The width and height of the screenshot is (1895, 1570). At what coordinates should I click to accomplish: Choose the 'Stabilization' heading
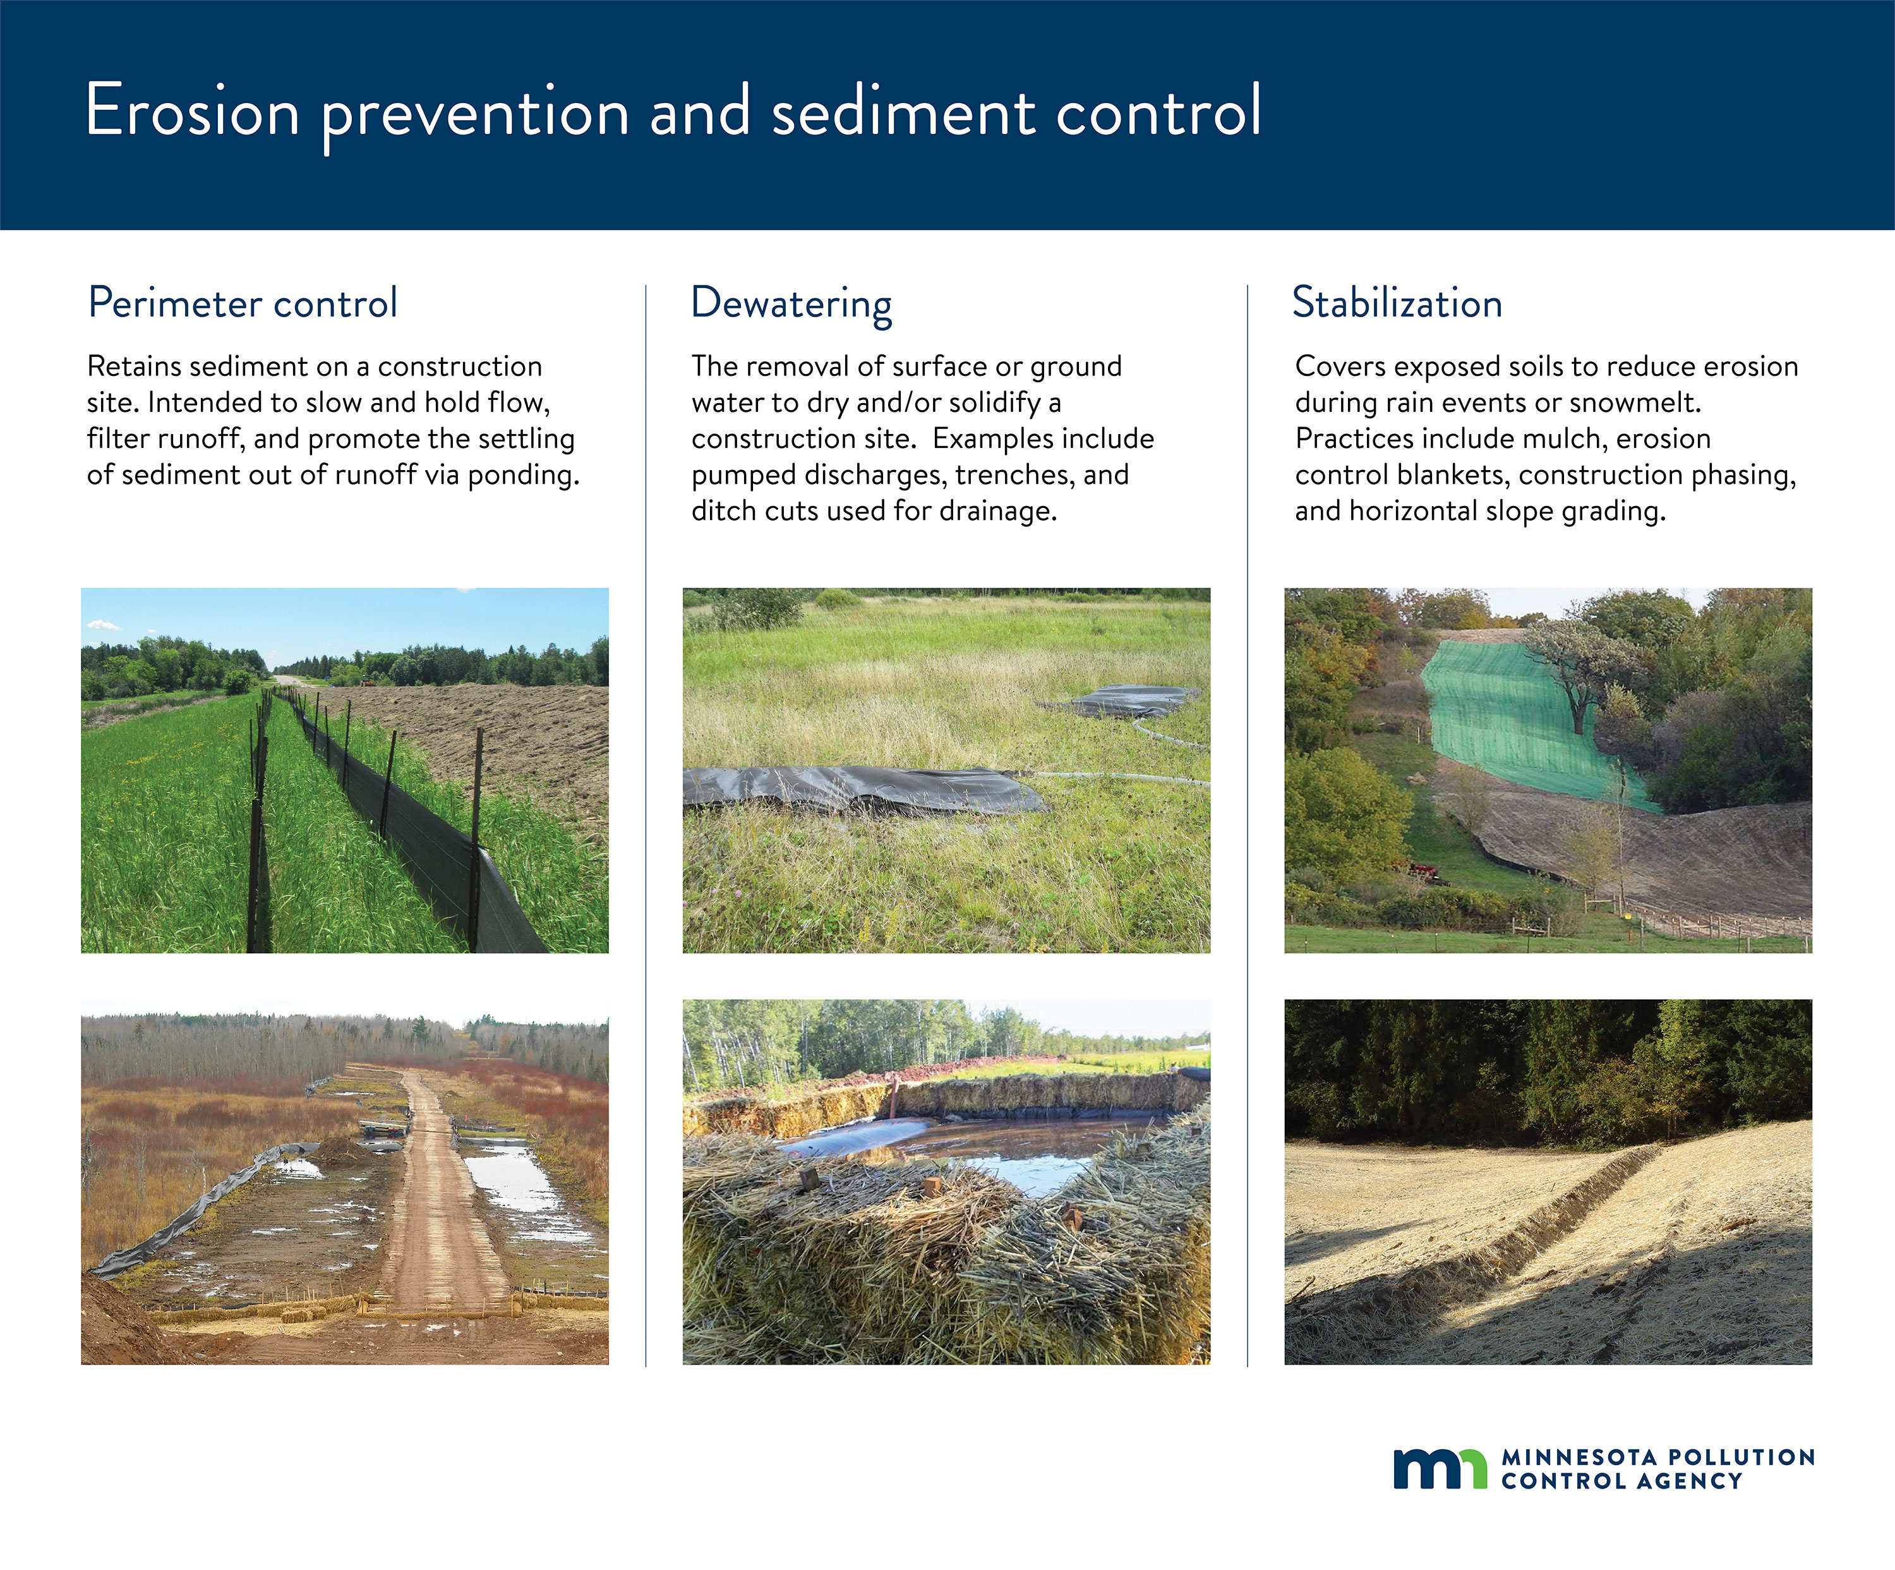click(x=1397, y=302)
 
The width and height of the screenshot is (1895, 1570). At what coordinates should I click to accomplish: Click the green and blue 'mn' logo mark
click(x=1440, y=1468)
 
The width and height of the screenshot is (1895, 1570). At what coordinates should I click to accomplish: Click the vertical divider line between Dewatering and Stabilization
click(x=1248, y=826)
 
